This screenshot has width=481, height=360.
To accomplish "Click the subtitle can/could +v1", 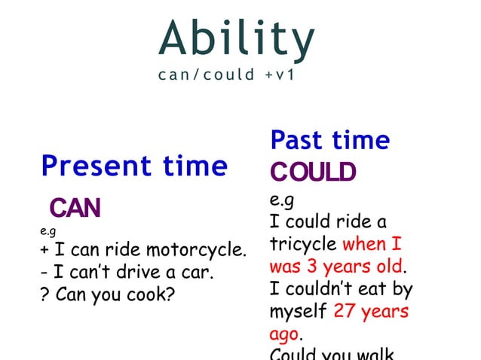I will [x=225, y=76].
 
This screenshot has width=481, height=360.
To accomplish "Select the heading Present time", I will [x=134, y=165].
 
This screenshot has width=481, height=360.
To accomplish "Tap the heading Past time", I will [x=330, y=140].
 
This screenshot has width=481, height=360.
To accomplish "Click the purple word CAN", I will [x=75, y=208].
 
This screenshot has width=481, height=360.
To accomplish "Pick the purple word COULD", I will [x=312, y=173].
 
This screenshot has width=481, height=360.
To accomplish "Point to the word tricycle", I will [x=303, y=245].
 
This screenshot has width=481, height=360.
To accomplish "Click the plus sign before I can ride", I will [x=44, y=249].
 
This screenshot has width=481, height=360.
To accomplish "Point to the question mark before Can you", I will [x=44, y=293].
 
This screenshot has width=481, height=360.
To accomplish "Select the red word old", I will [x=389, y=267].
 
